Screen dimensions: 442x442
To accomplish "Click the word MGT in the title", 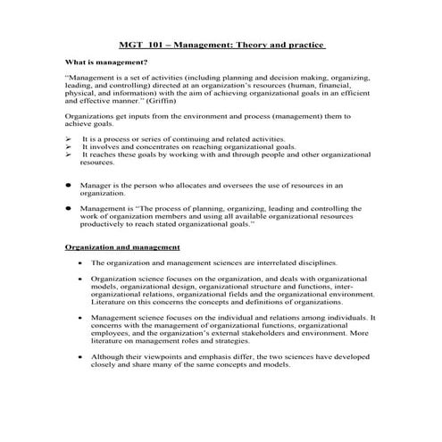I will pos(130,45).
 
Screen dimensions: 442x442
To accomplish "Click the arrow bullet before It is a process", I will pos(69,140).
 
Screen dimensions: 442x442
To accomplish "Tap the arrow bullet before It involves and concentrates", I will pos(69,147).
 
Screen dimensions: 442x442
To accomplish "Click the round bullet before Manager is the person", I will pos(69,184).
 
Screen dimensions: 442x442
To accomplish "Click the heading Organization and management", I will pos(123,246).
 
